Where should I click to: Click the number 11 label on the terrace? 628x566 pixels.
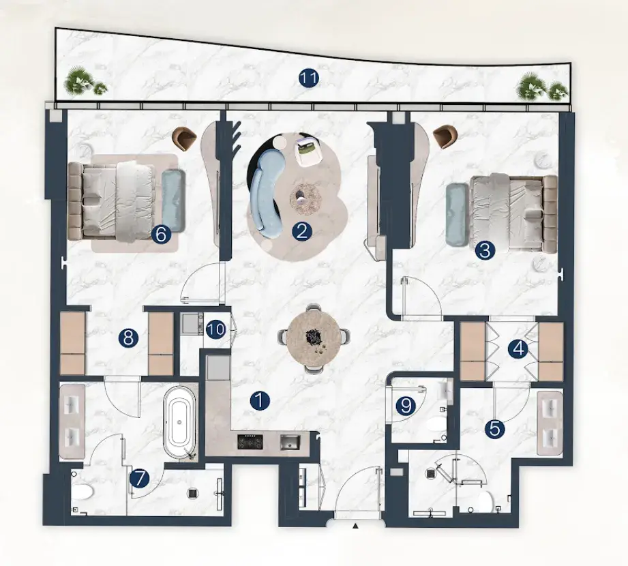pos(308,78)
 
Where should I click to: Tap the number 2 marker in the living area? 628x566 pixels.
pos(301,231)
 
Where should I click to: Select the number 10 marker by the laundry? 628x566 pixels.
pos(216,329)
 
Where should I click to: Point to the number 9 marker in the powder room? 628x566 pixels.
pos(406,406)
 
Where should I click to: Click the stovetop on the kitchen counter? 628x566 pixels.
pos(251,441)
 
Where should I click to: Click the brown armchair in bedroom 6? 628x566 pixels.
pos(184,138)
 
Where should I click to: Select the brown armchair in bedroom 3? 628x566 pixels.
pos(444,136)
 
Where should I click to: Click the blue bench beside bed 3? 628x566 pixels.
pos(456,213)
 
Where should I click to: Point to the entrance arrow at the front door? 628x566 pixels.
pos(355,526)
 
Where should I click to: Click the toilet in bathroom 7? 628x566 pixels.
pos(82,492)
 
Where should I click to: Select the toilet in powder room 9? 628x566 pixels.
pos(436,423)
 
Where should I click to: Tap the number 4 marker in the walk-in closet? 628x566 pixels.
pos(518,349)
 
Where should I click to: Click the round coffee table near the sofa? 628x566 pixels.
pos(306,198)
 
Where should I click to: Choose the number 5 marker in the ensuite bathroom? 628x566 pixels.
pos(494,429)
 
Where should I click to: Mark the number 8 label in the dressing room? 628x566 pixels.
pos(128,338)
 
